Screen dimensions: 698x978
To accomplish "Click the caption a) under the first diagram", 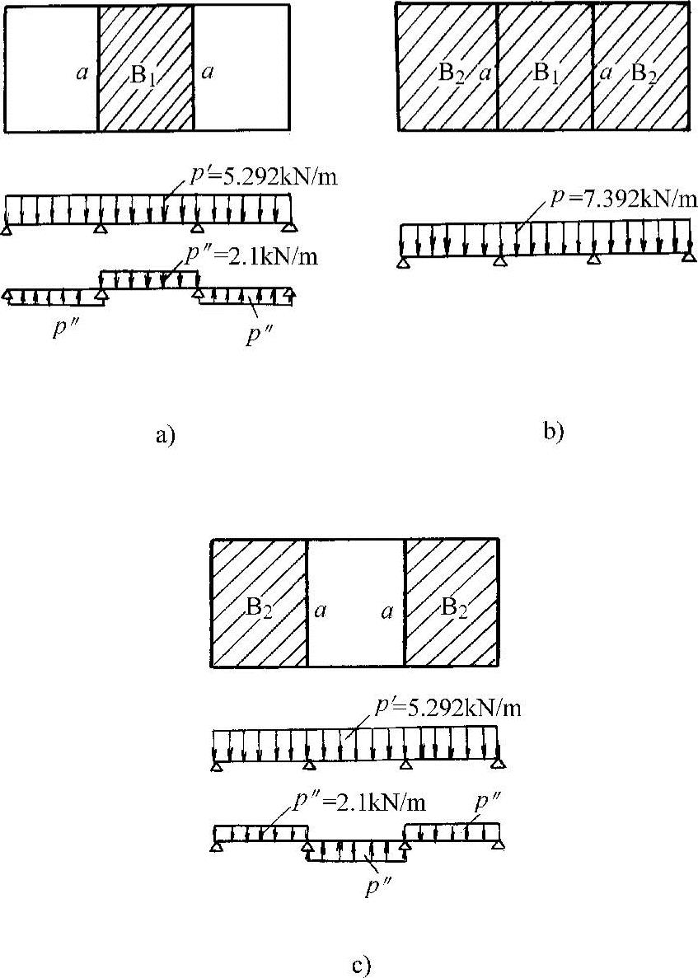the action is coord(165,434).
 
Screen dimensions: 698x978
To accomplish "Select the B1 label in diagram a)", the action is coord(143,73).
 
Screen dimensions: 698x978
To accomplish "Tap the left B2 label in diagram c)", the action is coord(259,609).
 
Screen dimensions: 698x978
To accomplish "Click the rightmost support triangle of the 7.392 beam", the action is coord(689,259).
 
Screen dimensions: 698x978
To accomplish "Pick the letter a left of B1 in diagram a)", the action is coord(81,73).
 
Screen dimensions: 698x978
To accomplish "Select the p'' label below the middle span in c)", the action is coord(377,888).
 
